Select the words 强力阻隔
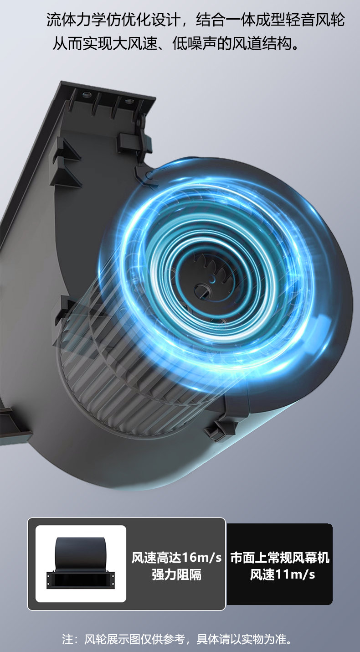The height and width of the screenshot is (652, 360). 177,575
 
